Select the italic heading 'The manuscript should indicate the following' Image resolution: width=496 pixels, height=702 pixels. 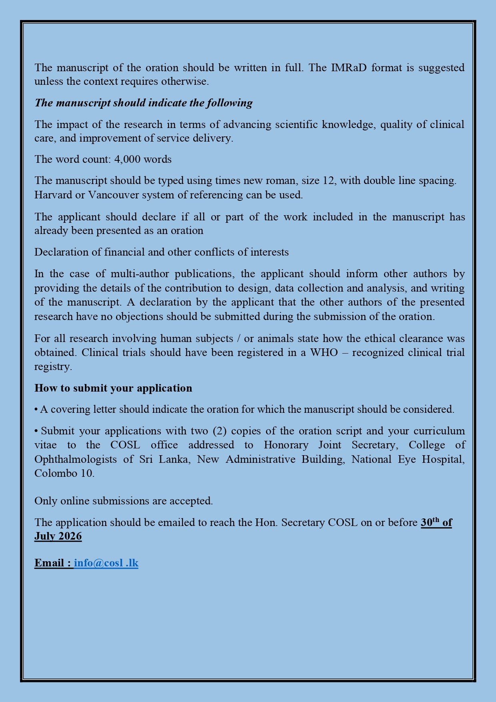coord(144,103)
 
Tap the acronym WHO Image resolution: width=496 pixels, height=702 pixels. coord(324,352)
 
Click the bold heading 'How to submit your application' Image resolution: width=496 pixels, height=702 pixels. coord(113,388)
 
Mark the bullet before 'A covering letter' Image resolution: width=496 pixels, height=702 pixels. coord(36,410)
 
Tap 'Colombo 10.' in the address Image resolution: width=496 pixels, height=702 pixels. coord(64,473)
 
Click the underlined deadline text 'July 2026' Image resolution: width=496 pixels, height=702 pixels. coord(58,536)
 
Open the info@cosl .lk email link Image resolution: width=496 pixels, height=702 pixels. coord(106,563)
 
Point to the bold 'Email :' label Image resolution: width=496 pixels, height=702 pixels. coord(53,563)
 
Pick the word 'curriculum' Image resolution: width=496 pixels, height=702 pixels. coord(439,431)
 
